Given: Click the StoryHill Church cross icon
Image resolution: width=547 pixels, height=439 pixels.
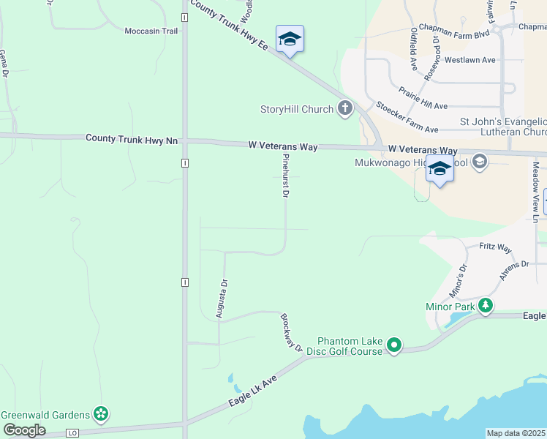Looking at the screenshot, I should point(345,110).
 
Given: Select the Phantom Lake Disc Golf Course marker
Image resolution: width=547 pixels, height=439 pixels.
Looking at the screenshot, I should point(394,345).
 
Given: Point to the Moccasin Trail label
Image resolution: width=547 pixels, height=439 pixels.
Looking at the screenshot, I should point(151,31).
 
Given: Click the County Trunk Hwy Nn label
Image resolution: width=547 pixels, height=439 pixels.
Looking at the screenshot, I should point(132,138).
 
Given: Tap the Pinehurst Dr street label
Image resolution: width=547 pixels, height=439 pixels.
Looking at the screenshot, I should point(285,176).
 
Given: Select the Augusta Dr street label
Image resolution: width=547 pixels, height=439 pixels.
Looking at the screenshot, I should point(220,299).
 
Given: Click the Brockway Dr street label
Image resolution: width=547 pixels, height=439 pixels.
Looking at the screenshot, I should point(291,333).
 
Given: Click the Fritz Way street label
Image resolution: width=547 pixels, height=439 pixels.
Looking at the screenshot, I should point(495,248).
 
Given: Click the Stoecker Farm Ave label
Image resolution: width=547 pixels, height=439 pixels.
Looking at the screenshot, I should point(407,117).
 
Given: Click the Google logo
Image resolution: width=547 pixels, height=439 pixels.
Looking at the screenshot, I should point(24,430).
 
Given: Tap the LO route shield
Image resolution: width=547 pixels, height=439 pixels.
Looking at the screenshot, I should point(72,433).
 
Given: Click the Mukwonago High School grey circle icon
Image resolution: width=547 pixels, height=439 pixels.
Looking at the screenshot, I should point(480,161).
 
